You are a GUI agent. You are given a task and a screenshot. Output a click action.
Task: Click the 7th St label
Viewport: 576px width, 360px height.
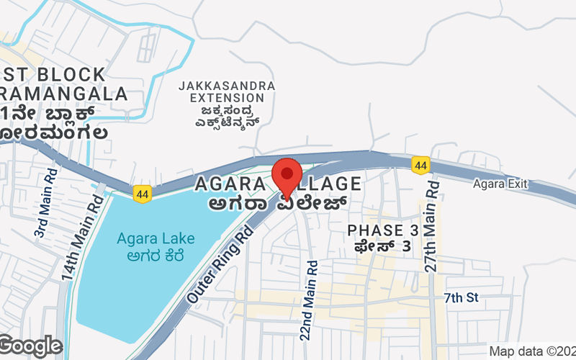click(x=461, y=297)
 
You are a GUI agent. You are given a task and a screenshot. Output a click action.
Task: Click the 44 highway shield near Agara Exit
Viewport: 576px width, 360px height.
click(x=421, y=166)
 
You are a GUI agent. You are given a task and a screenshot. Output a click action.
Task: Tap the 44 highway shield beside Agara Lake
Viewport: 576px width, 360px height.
click(x=142, y=192)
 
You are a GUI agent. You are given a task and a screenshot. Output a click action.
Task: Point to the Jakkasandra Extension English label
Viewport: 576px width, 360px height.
click(x=227, y=92)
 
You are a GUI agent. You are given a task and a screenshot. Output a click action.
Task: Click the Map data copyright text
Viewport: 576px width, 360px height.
click(x=531, y=351)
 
